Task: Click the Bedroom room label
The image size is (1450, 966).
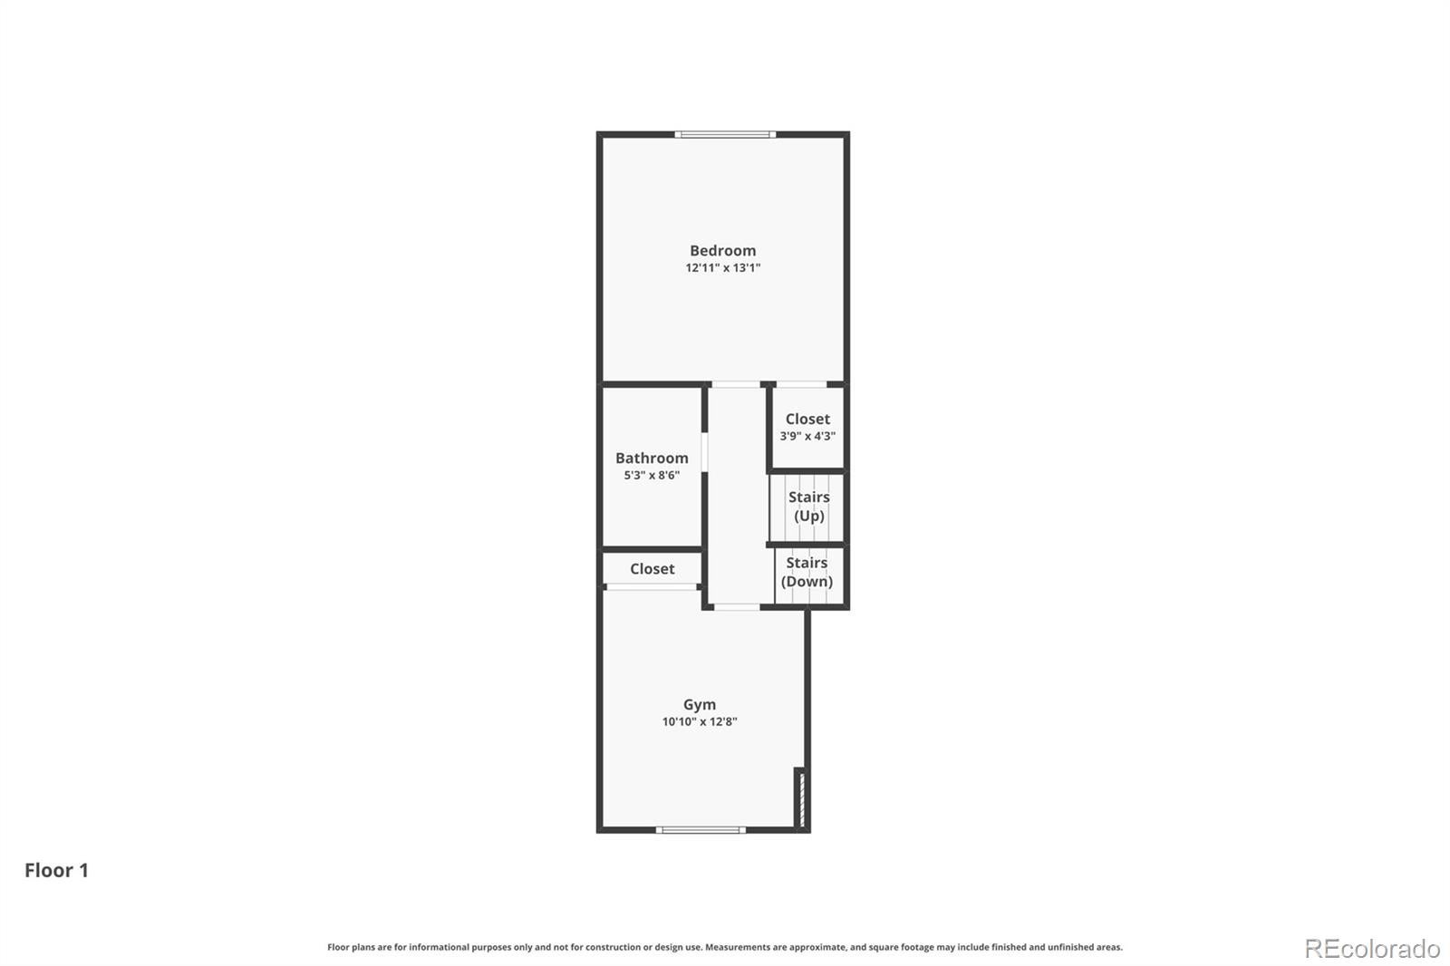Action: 722,251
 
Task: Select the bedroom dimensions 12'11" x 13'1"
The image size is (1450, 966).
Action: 722,268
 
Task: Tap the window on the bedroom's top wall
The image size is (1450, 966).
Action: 725,135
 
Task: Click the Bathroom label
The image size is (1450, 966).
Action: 652,458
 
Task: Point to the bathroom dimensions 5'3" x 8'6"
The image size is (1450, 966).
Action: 652,475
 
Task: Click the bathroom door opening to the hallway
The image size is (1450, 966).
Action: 705,452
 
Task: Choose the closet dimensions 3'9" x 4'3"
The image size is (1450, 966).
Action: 807,437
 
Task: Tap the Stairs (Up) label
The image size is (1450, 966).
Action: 808,507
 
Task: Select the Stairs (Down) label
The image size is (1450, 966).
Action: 807,572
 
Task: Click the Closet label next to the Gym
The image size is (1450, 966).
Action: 652,568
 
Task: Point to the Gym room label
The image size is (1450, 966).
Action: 700,704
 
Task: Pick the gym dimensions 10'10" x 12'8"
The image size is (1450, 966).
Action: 700,722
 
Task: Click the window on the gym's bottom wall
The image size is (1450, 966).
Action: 701,830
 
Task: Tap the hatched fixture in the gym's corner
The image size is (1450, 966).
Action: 801,799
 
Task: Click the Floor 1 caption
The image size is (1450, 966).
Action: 56,870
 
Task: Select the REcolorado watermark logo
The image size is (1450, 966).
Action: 1372,949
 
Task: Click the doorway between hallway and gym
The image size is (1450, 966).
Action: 737,607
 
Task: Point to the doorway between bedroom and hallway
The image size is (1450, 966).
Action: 736,384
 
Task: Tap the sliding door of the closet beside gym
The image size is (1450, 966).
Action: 652,587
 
